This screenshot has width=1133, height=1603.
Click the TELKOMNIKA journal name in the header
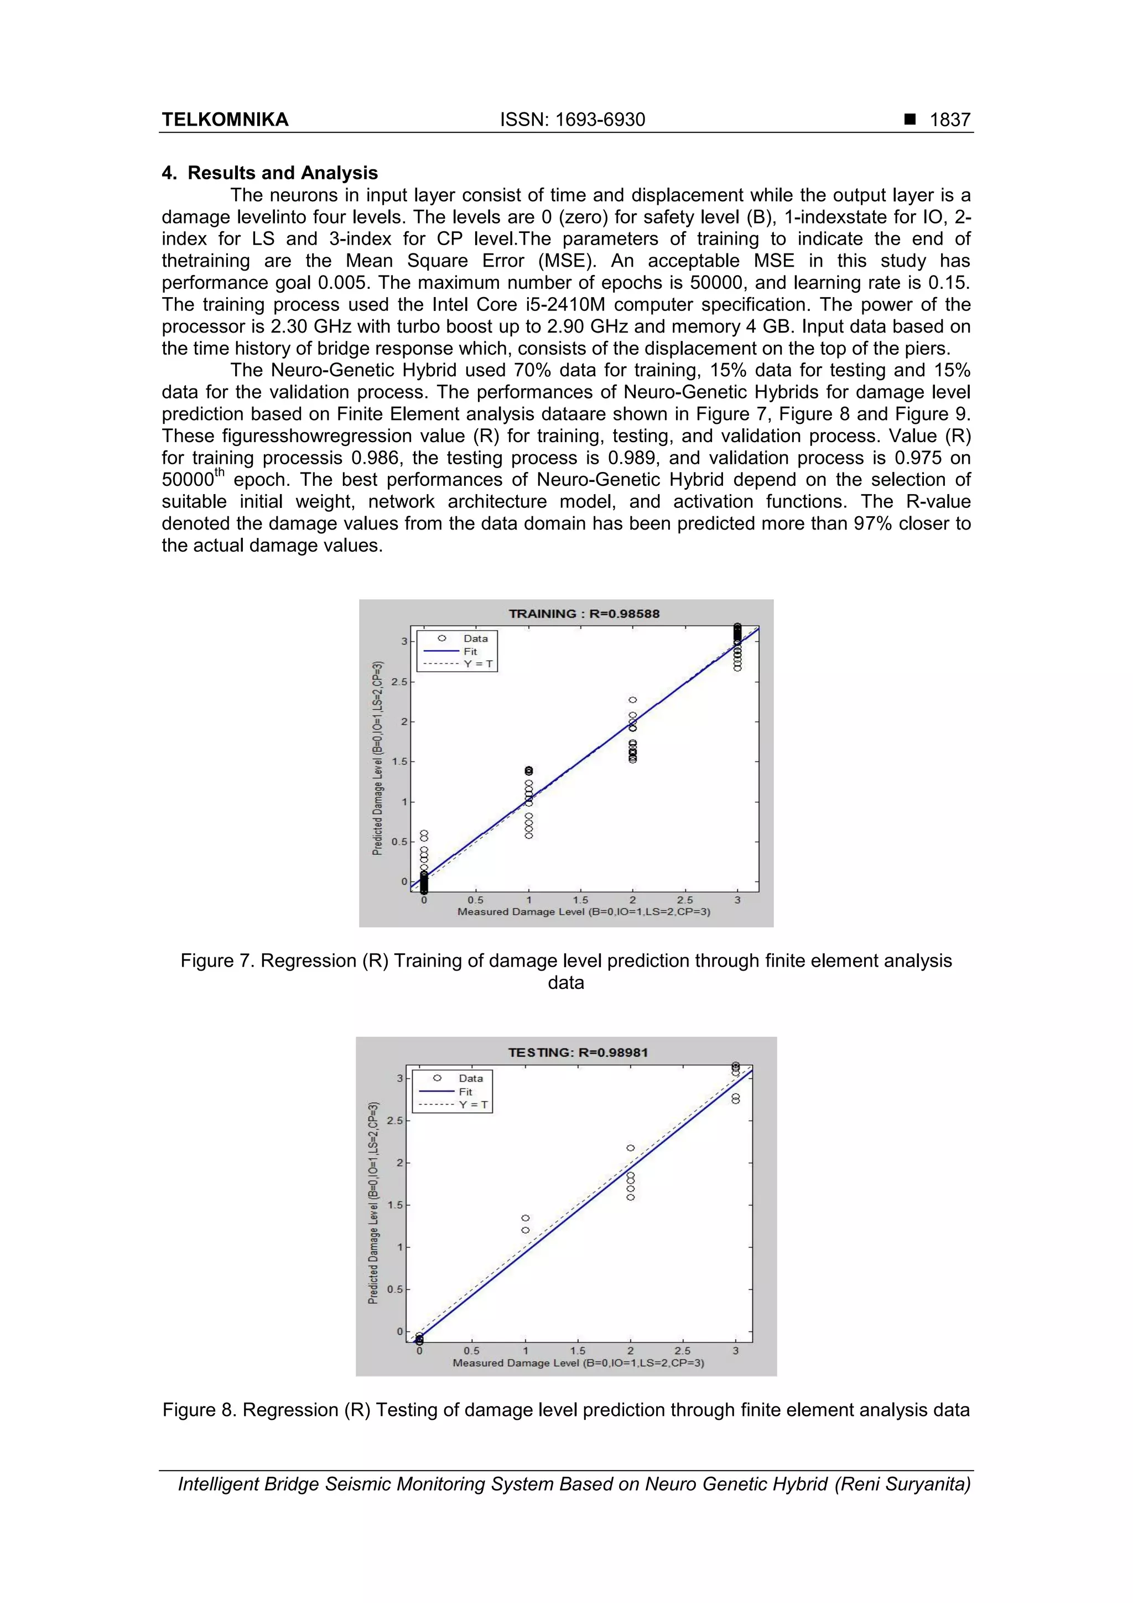[225, 120]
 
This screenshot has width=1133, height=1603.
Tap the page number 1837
[949, 120]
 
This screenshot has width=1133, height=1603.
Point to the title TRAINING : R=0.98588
[584, 614]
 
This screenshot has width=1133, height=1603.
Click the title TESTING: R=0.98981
[578, 1052]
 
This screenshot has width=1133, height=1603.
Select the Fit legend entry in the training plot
[470, 651]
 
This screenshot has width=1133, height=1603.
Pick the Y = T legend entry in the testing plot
[474, 1104]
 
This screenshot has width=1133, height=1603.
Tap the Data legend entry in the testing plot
[470, 1078]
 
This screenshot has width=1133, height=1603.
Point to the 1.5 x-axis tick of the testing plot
[578, 1350]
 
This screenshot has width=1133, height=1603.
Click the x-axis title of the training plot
[584, 912]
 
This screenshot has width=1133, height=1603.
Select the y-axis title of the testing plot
[373, 1202]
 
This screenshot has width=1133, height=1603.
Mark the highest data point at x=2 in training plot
[632, 699]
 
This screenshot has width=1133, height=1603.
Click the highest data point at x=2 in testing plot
[630, 1148]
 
